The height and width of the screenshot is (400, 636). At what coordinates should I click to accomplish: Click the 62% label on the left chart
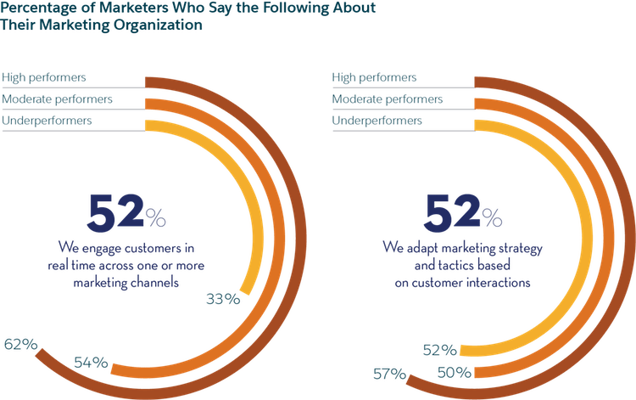click(20, 344)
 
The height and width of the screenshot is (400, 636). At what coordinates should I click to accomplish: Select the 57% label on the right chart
click(390, 372)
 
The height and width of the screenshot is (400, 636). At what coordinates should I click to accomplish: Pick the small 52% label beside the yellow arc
click(441, 349)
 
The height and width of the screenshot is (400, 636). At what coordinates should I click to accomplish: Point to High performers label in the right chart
click(374, 78)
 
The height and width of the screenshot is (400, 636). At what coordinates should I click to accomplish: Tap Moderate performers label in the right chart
click(387, 99)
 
